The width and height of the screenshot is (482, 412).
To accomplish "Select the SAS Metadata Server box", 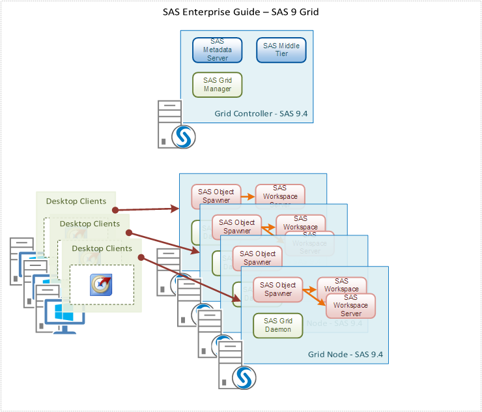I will pos(218,50).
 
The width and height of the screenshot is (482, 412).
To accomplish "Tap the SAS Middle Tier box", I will pos(281,50).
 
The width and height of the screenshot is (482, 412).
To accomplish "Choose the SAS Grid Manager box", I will pos(218,85).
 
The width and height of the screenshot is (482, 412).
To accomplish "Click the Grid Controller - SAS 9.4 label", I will pos(261,113).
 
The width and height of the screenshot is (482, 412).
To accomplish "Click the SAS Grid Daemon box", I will pos(278,325).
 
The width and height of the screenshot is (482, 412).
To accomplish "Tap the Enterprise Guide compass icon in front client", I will pos(101,284).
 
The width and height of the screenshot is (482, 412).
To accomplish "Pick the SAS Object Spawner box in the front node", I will pos(278,289).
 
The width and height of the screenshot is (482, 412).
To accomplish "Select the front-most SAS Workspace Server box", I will pos(350,305).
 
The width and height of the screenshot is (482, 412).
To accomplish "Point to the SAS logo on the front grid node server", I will pos(244,376).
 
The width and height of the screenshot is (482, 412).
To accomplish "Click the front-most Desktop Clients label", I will pos(102,248).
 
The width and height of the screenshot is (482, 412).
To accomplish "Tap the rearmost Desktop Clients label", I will pos(76,201).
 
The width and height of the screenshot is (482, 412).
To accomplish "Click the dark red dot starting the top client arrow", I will pos(115,210).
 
